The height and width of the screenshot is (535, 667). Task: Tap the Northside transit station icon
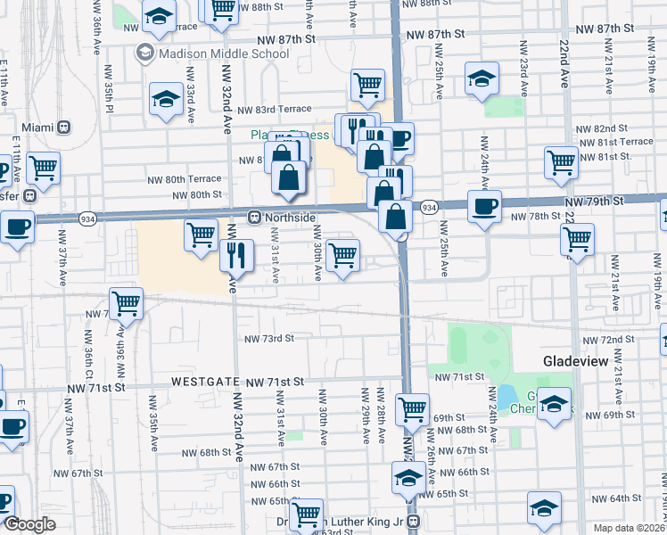click(x=254, y=216)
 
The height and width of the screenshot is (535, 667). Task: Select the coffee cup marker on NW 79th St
click(x=484, y=206)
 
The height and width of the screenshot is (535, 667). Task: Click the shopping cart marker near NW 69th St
click(x=412, y=408)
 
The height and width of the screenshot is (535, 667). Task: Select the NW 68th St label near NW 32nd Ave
click(x=204, y=453)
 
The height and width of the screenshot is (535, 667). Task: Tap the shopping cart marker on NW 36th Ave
click(x=127, y=302)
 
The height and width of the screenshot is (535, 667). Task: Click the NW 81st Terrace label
click(x=615, y=142)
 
